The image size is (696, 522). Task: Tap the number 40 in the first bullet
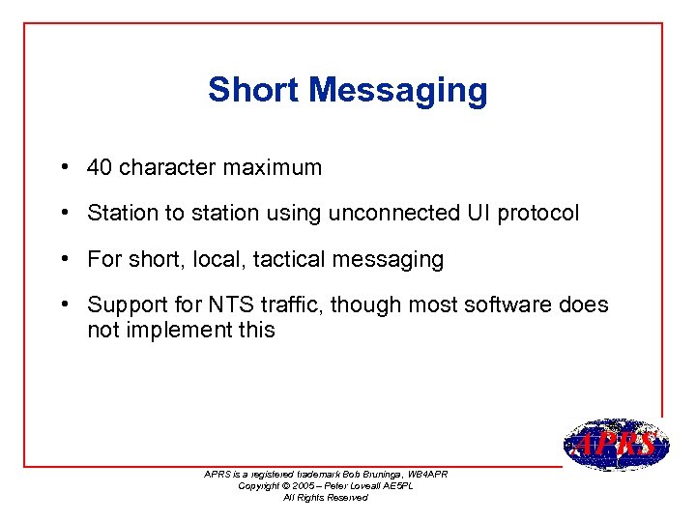click(99, 167)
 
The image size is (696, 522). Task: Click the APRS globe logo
click(615, 446)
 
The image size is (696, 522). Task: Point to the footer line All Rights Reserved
click(326, 498)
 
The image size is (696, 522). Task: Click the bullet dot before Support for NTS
click(62, 305)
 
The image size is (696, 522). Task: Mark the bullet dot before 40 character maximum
click(62, 167)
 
